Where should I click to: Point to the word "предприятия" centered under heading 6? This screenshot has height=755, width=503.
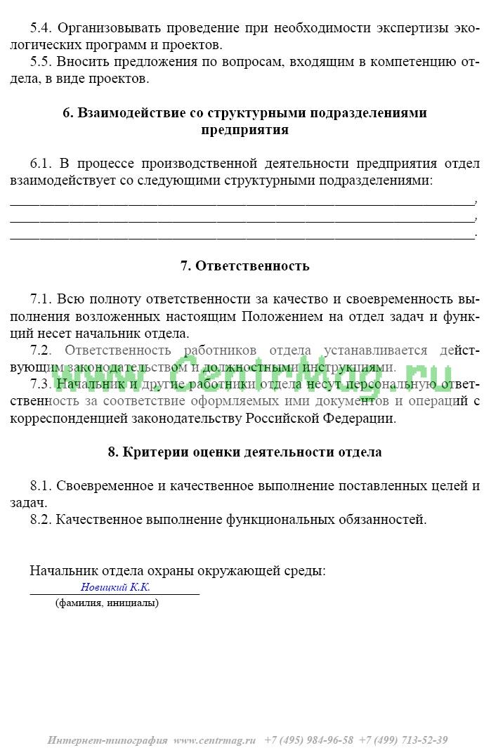pos(244,130)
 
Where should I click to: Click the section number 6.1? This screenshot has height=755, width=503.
pos(41,164)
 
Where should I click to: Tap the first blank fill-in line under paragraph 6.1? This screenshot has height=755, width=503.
pos(242,202)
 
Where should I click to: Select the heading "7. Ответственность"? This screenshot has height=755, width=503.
pos(244,266)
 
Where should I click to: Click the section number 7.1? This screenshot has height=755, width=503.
pos(41,299)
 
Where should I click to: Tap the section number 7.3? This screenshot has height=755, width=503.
pos(41,383)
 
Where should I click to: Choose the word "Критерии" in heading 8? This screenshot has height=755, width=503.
pos(150,452)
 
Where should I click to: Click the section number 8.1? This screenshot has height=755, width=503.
pos(41,486)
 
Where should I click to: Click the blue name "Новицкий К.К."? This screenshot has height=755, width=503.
pos(115,587)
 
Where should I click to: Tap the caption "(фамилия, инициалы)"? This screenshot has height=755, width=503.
pos(107,603)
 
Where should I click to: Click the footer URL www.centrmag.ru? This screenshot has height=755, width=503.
pos(216,740)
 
